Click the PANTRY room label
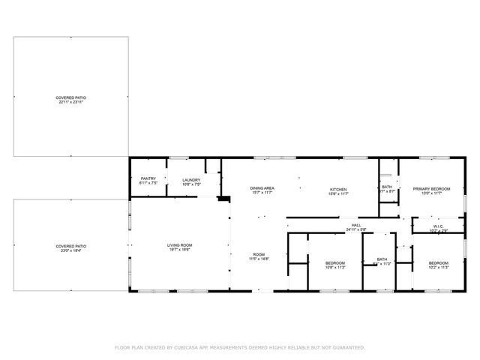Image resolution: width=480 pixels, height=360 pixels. coord(148,178)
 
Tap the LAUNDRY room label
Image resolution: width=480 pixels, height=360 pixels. coord(191,179)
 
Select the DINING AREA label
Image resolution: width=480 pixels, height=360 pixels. coord(262,188)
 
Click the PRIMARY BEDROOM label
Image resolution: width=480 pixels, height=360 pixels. coord(431,188)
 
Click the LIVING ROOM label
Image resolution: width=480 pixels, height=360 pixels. coord(180,245)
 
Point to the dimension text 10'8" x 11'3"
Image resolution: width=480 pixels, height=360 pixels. coord(334,267)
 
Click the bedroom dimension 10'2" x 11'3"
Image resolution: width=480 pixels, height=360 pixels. coord(438,267)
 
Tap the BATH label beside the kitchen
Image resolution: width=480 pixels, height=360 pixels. coord(387,187)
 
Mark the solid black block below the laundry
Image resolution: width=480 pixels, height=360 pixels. coord(223,199)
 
